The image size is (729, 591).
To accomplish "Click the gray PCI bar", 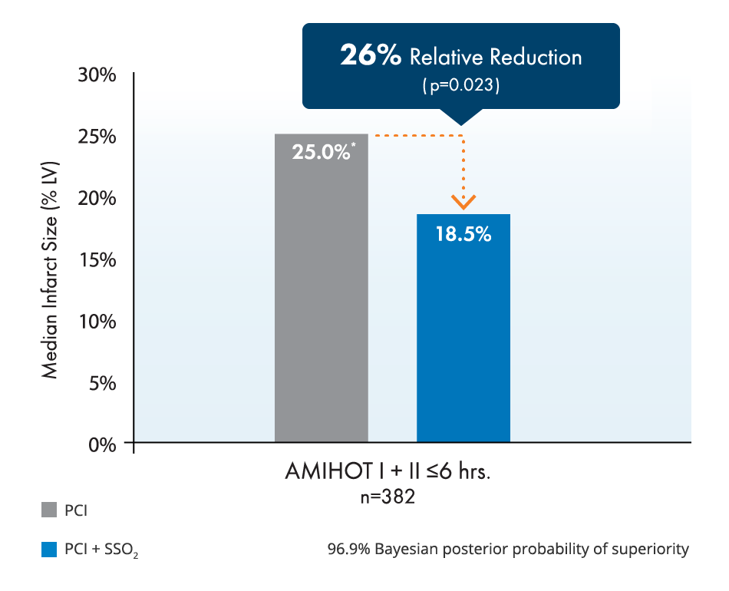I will tap(321, 307).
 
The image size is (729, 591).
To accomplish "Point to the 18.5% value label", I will tap(463, 234).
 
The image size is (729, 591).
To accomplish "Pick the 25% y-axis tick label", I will tap(97, 137).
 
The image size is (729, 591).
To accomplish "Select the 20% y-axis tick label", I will tap(97, 198).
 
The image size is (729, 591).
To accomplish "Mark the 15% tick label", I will tap(97, 259).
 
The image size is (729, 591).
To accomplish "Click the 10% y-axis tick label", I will tap(97, 321).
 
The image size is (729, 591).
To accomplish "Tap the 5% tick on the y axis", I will tap(102, 382).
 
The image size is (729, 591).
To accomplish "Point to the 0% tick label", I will tap(102, 444).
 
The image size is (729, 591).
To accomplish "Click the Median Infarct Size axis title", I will tap(50, 259).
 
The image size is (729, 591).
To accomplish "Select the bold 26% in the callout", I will tap(371, 57).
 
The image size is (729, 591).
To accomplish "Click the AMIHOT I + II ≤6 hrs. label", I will tap(388, 471).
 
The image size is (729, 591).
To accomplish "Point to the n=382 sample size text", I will tap(388, 497).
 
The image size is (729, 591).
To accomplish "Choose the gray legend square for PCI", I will tap(49, 510).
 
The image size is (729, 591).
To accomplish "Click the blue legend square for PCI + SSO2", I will tap(49, 550).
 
